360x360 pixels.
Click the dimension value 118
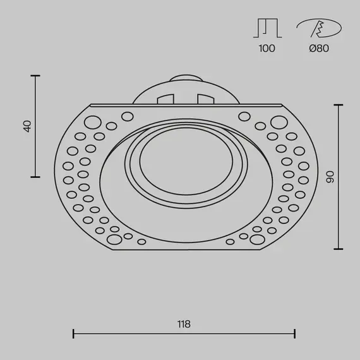click(x=184, y=324)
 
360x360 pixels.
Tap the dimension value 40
click(x=27, y=126)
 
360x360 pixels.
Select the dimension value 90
click(x=330, y=177)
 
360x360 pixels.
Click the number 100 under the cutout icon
click(x=267, y=49)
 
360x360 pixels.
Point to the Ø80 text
click(x=320, y=49)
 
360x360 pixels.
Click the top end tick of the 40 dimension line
click(x=35, y=76)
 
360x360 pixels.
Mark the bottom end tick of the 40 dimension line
click(x=35, y=176)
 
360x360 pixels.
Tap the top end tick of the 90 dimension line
click(x=340, y=104)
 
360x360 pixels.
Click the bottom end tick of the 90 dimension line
click(x=340, y=248)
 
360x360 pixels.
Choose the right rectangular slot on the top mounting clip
click(x=205, y=99)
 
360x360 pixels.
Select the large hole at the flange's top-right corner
click(x=277, y=122)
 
